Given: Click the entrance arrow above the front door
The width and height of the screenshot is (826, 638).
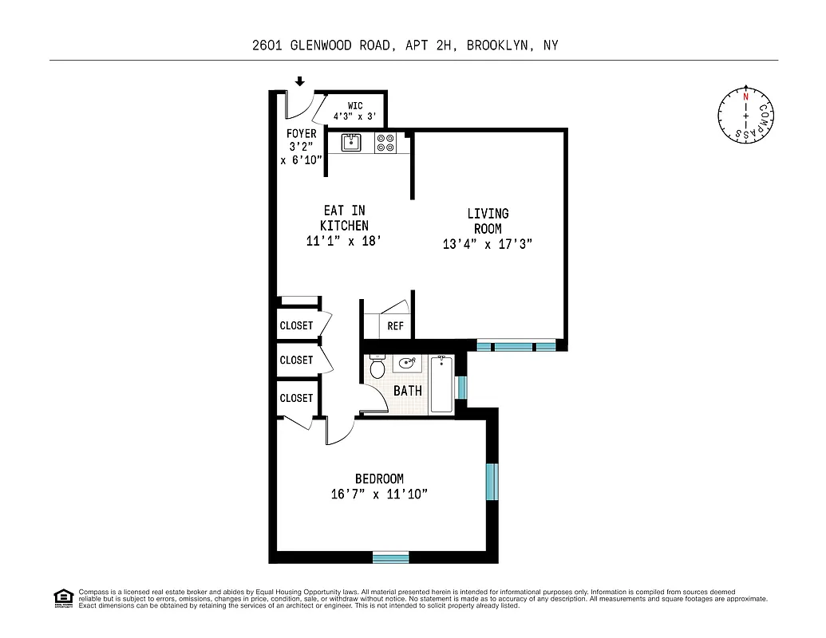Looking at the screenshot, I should click(x=300, y=81).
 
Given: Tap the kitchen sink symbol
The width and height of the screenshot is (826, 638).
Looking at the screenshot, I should click(x=351, y=143).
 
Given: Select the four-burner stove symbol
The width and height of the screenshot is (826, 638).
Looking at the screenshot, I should click(x=385, y=143).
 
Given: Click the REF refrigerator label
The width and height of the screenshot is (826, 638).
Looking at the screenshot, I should click(x=396, y=326).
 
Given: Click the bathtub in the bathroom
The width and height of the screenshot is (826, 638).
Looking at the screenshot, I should click(x=441, y=384).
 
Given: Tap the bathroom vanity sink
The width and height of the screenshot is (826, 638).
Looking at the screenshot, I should click(x=408, y=364).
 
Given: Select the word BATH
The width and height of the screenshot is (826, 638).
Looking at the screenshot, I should click(x=408, y=391).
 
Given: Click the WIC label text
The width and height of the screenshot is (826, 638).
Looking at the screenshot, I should click(x=355, y=105).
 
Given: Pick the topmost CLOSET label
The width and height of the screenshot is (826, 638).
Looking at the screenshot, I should click(x=296, y=325).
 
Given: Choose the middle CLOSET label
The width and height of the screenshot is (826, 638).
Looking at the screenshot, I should click(x=296, y=360).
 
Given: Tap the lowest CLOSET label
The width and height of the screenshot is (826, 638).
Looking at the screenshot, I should click(x=296, y=397).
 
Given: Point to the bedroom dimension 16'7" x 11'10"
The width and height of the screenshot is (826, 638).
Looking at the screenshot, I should click(x=380, y=494).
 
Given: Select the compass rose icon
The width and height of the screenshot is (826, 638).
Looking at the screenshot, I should click(x=746, y=116).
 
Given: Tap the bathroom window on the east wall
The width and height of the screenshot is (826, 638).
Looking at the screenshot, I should click(x=461, y=386).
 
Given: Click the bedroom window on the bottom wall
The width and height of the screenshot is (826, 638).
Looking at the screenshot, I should click(x=390, y=557).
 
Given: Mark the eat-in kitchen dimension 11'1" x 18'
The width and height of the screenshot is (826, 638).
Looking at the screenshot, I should click(x=345, y=241).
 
